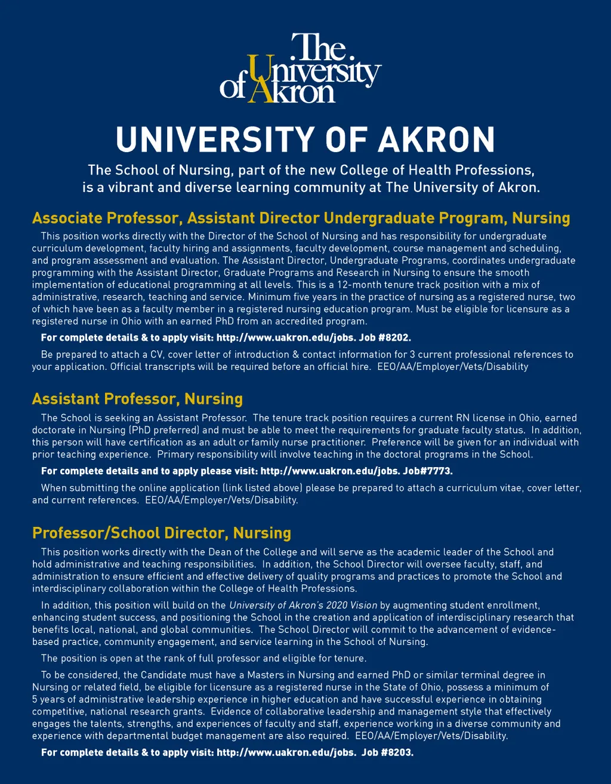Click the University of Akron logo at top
(301, 68)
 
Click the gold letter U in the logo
(258, 70)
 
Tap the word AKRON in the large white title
(437, 139)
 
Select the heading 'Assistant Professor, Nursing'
(137, 399)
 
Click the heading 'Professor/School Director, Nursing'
(162, 533)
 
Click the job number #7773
(438, 471)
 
